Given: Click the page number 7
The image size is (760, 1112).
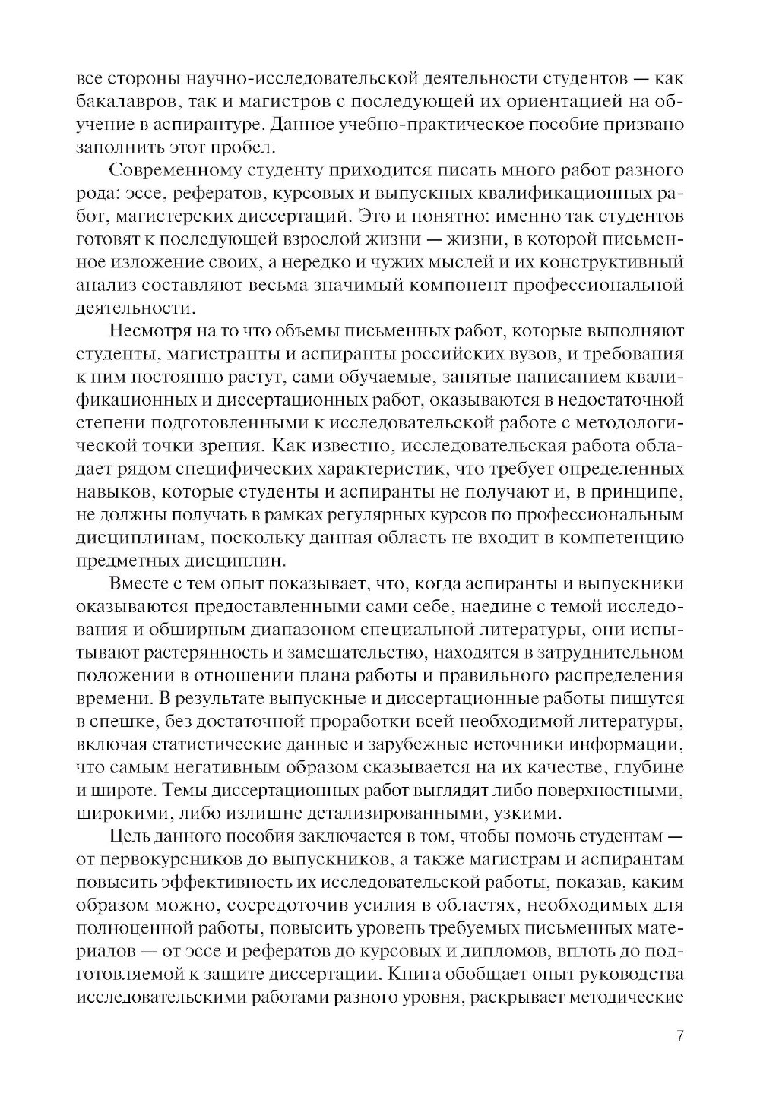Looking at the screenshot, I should tap(679, 1037).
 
